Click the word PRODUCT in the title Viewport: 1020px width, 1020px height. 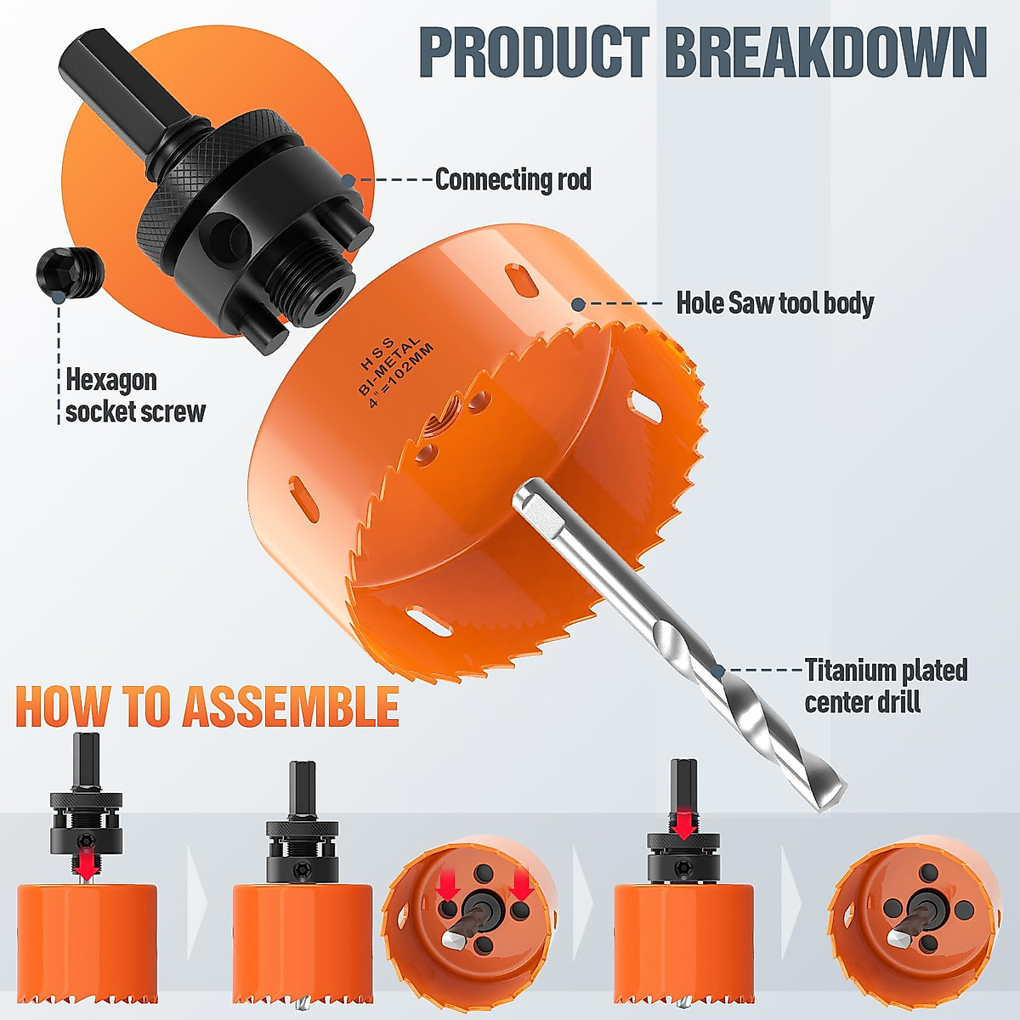click(534, 53)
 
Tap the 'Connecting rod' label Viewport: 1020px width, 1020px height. click(513, 179)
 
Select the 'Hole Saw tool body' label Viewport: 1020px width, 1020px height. click(774, 303)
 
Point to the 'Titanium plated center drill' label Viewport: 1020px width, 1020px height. click(885, 685)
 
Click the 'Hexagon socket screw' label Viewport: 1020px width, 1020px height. click(135, 395)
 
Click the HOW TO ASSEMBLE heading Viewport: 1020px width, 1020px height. click(207, 707)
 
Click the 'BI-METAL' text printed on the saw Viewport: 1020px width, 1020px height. click(388, 366)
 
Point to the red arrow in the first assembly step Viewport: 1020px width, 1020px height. click(85, 865)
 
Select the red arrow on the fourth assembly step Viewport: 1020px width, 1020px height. click(683, 821)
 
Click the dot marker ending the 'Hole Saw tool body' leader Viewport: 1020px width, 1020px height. click(578, 303)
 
